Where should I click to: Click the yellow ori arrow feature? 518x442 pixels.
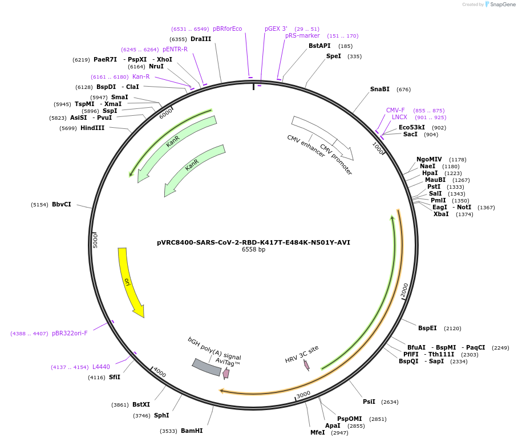tap(129, 282)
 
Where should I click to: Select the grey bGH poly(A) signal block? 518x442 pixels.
tap(207, 367)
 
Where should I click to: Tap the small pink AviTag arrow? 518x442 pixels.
tap(226, 374)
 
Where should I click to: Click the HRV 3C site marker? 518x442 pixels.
tap(306, 364)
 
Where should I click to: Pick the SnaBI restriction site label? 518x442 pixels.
tap(380, 89)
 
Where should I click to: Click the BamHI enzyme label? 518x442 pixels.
tap(192, 431)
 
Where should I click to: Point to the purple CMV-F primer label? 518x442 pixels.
tap(395, 110)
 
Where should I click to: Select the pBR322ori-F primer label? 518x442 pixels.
tap(70, 333)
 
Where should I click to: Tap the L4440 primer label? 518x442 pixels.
tap(101, 367)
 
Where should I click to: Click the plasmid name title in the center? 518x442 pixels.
tap(253, 242)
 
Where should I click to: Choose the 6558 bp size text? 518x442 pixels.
tap(253, 249)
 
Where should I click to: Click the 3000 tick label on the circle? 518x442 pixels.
tap(303, 394)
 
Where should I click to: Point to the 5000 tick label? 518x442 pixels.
tap(95, 240)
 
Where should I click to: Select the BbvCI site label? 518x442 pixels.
tap(62, 204)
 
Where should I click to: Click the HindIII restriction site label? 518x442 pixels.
tap(92, 128)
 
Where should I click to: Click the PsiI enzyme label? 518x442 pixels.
tap(369, 402)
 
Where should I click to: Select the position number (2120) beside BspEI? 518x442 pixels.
tap(452, 328)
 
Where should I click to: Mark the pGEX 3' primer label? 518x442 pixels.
tap(276, 28)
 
